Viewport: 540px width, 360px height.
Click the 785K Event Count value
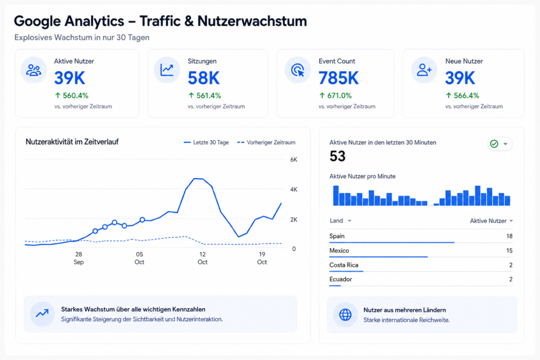[338, 78]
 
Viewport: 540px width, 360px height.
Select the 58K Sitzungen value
[204, 78]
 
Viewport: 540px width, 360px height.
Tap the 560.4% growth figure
[72, 95]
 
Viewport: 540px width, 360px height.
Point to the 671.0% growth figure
[335, 95]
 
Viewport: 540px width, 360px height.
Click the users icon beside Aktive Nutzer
[33, 70]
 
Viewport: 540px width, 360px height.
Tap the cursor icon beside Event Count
[297, 70]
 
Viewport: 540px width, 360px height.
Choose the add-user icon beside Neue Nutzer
[424, 70]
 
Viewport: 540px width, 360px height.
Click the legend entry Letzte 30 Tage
[206, 142]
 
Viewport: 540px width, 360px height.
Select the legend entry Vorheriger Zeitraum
[266, 142]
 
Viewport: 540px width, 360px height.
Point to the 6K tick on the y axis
[294, 160]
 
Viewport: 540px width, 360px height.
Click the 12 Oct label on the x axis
[202, 258]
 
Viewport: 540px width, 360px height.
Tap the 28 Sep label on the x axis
[79, 258]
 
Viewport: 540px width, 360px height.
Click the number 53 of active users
[337, 156]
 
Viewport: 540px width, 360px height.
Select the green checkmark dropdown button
[500, 144]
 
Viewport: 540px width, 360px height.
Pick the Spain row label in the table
[337, 236]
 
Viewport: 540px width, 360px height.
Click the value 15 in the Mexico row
[509, 250]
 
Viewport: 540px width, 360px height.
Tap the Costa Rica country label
[344, 265]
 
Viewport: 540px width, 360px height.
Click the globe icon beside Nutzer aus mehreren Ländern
[345, 315]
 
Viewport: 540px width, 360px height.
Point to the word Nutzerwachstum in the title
[252, 21]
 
